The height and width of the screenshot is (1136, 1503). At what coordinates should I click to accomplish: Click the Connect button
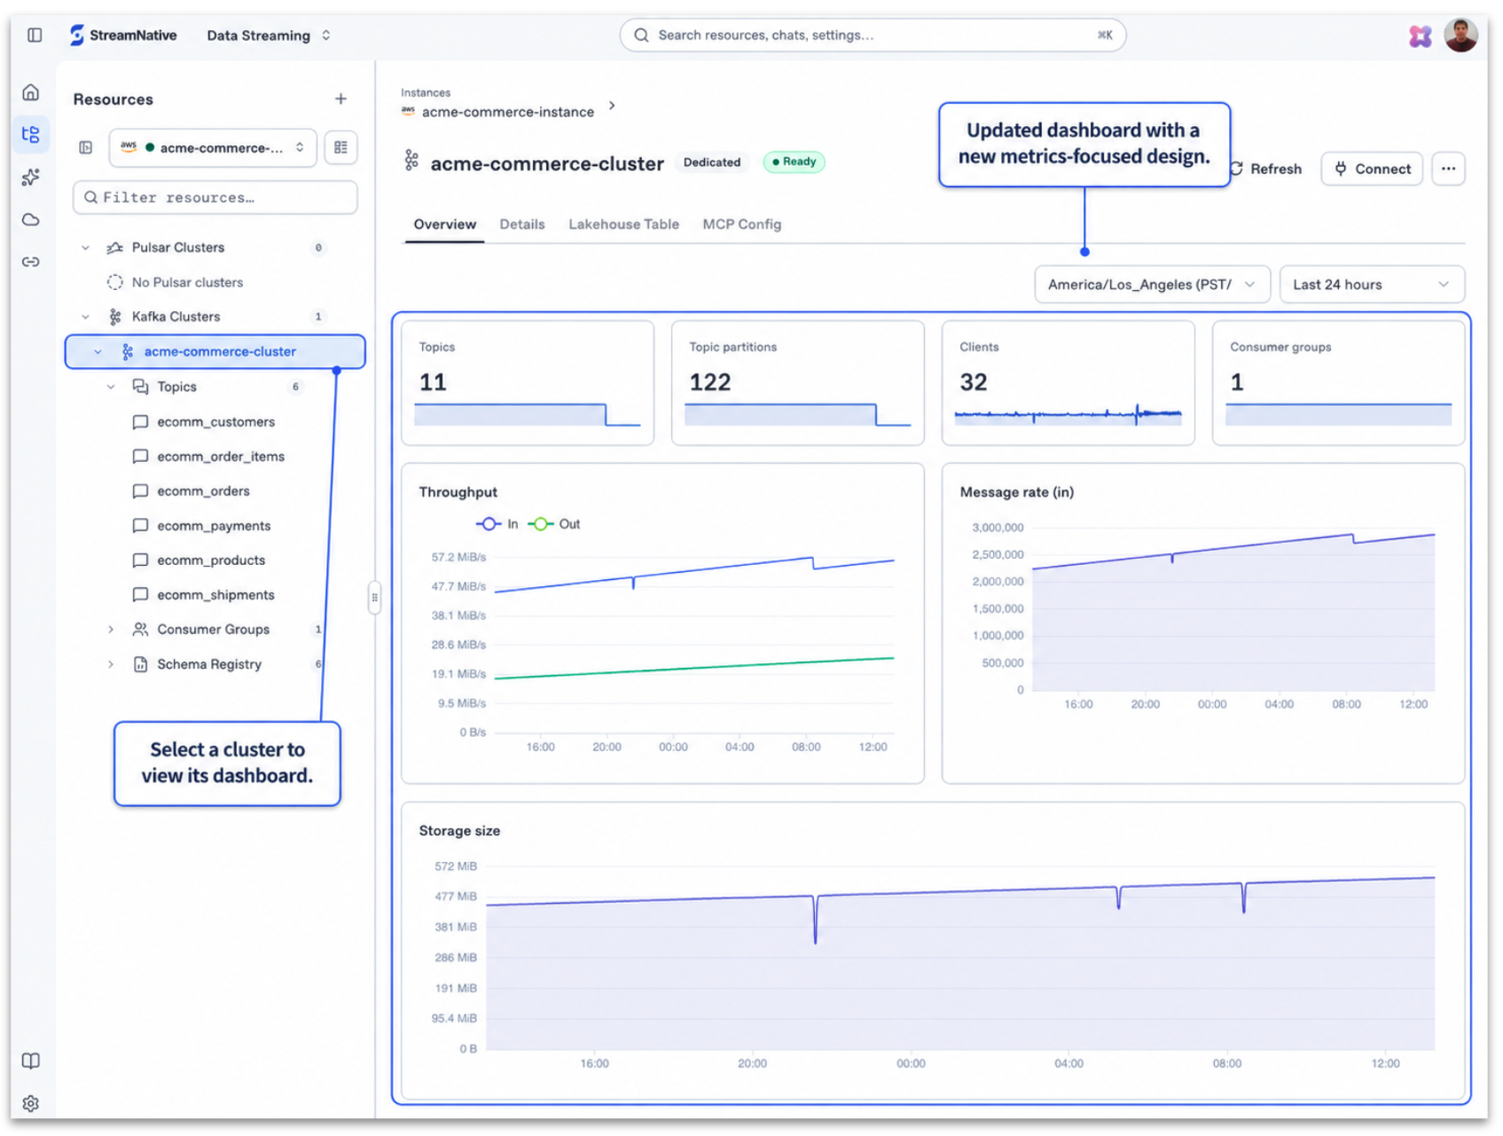(x=1372, y=168)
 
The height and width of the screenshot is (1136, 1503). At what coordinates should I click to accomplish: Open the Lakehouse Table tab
(x=623, y=224)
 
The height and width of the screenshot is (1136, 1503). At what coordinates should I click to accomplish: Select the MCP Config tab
(x=741, y=224)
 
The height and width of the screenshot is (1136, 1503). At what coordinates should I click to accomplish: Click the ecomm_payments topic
(x=214, y=526)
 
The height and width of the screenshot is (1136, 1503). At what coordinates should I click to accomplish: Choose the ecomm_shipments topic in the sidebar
(x=215, y=595)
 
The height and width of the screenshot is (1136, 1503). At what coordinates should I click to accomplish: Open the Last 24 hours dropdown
(x=1372, y=285)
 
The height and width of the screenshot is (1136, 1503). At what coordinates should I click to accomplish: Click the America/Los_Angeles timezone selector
(x=1152, y=285)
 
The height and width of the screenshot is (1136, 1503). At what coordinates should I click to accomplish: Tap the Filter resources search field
(x=215, y=198)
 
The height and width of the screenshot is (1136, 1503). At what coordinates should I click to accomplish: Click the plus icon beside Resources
(x=341, y=99)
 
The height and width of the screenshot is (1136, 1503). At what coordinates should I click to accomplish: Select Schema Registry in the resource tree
(x=209, y=664)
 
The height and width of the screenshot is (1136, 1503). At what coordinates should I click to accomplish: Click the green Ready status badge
(x=795, y=162)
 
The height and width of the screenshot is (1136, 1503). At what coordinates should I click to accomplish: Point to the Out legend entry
(x=554, y=524)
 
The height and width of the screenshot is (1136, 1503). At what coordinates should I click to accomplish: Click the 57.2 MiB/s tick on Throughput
(x=458, y=558)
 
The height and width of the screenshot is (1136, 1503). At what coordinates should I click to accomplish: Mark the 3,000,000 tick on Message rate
(x=998, y=528)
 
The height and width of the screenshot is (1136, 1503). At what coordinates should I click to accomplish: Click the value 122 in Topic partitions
(x=710, y=382)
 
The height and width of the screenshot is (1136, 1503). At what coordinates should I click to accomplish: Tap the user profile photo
(x=1460, y=35)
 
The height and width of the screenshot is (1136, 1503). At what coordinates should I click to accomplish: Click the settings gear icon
(x=31, y=1103)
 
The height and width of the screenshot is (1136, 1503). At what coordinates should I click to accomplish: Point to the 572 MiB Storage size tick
(x=456, y=866)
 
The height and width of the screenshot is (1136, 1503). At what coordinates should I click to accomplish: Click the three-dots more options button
(x=1448, y=168)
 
